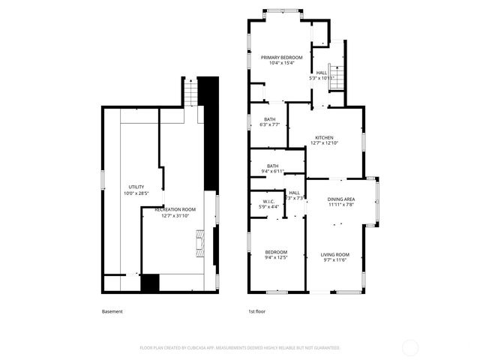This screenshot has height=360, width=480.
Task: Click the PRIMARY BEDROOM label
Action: (x=281, y=58)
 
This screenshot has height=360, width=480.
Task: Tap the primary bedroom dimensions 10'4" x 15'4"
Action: (x=281, y=63)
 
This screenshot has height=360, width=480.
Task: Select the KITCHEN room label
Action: (x=324, y=137)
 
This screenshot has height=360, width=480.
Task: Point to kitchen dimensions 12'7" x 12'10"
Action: (x=324, y=143)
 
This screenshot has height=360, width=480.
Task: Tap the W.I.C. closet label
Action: (x=268, y=201)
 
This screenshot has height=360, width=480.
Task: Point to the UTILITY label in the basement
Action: (x=136, y=187)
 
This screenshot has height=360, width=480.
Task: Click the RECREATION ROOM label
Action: (x=175, y=210)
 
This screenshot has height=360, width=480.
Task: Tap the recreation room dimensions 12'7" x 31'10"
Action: (x=175, y=216)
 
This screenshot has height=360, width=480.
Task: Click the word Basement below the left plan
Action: (x=112, y=311)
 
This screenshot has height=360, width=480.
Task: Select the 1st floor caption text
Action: (x=256, y=311)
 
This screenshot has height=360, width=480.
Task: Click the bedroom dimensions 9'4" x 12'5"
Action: (x=275, y=258)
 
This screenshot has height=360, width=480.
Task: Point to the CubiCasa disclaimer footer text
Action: (x=240, y=348)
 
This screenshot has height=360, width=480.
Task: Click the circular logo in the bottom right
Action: (x=410, y=347)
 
